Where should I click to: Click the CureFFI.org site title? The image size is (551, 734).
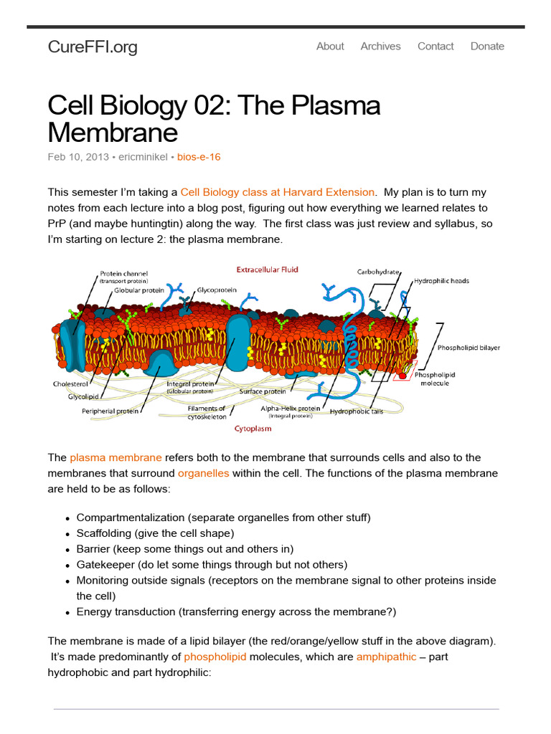click(x=93, y=47)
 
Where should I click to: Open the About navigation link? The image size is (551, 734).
click(x=330, y=46)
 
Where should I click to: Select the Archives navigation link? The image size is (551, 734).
click(x=380, y=46)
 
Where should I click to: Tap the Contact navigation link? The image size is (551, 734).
click(x=435, y=46)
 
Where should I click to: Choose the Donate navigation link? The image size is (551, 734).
click(x=487, y=46)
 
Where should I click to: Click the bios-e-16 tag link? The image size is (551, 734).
click(x=199, y=157)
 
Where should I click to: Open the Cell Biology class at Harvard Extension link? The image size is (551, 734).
click(x=277, y=192)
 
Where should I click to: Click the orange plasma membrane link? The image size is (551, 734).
click(x=116, y=457)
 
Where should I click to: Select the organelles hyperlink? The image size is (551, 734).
click(x=204, y=473)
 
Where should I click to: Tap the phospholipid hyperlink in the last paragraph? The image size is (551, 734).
click(x=215, y=657)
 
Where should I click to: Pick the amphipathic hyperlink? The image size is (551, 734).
click(x=386, y=657)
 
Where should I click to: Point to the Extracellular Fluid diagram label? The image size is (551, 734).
click(x=268, y=270)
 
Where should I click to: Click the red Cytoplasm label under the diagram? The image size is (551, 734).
click(x=252, y=429)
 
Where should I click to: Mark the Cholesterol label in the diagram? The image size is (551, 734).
click(x=70, y=384)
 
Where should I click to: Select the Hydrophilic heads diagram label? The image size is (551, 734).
click(x=441, y=281)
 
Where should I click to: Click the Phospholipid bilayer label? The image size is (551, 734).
click(x=468, y=348)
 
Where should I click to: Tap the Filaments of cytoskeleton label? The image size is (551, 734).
click(x=207, y=412)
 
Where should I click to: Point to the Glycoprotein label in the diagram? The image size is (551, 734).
click(x=217, y=290)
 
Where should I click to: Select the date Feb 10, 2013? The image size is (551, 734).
click(x=78, y=157)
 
